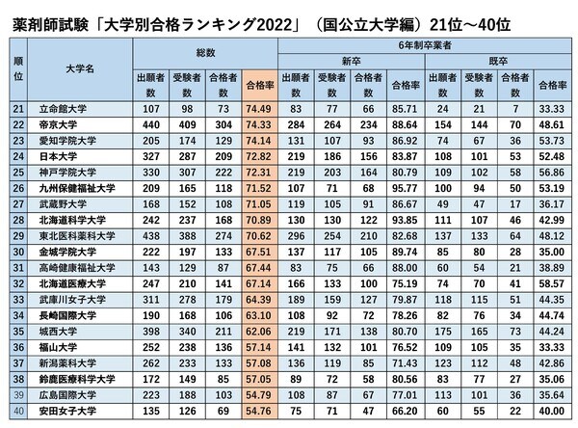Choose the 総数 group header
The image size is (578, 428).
(x=203, y=50)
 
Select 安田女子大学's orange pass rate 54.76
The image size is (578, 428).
(x=259, y=412)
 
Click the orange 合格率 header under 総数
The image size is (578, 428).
(x=259, y=85)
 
